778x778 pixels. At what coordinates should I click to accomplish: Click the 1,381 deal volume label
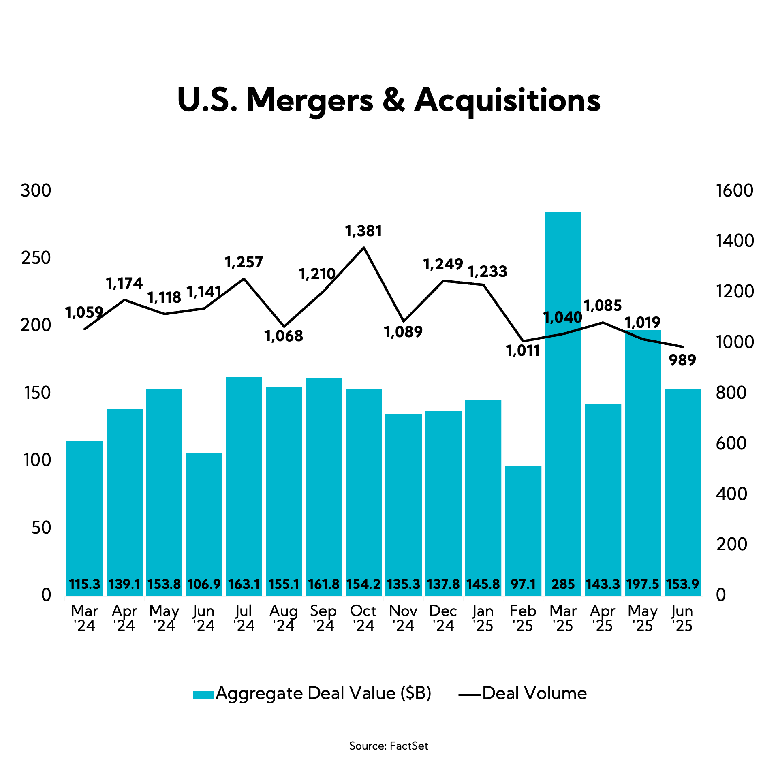pyautogui.click(x=363, y=231)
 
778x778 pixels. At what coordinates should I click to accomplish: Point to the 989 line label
pyautogui.click(x=682, y=360)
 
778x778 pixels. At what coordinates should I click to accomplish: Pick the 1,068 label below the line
pyautogui.click(x=284, y=336)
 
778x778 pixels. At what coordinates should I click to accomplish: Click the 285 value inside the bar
pyautogui.click(x=563, y=584)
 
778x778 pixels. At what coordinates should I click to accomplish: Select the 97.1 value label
pyautogui.click(x=523, y=584)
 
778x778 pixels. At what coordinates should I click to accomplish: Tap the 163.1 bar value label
pyautogui.click(x=244, y=584)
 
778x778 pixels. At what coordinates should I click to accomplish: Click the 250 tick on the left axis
pyautogui.click(x=36, y=258)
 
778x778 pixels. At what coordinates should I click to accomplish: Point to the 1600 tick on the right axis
pyautogui.click(x=734, y=190)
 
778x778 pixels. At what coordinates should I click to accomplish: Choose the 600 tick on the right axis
pyautogui.click(x=731, y=443)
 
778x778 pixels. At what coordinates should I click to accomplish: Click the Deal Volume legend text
pyautogui.click(x=534, y=693)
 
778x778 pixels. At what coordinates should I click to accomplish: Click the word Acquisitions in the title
pyautogui.click(x=507, y=100)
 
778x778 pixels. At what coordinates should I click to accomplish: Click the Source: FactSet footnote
pyautogui.click(x=389, y=746)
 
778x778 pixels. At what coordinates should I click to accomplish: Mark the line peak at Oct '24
pyautogui.click(x=364, y=247)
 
